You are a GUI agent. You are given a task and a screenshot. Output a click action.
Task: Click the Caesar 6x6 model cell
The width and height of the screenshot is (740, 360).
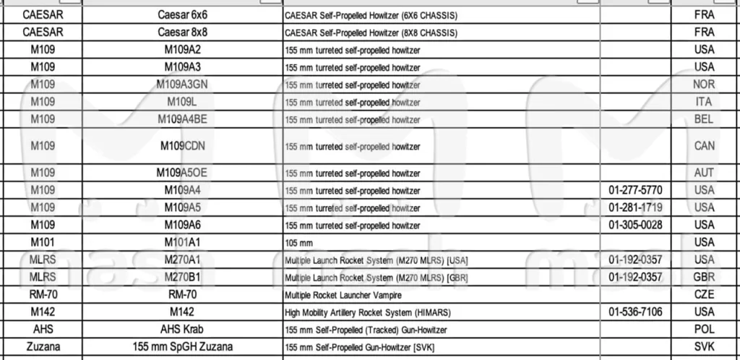(x=182, y=14)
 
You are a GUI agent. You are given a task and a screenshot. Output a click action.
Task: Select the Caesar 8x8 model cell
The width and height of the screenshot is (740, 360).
(x=182, y=33)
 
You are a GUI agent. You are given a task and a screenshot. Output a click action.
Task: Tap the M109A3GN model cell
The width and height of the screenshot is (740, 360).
(x=182, y=85)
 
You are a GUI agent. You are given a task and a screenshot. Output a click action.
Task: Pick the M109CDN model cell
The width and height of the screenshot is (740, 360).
(x=182, y=146)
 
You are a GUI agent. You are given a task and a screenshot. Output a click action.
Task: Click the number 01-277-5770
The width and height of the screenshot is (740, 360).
(x=635, y=190)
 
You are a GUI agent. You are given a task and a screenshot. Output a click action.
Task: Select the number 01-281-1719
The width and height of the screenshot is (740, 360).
(x=635, y=207)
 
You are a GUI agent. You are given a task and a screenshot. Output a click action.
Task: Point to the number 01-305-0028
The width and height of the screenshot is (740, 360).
(x=635, y=225)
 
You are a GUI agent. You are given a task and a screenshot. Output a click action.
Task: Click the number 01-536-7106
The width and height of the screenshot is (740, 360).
(x=635, y=312)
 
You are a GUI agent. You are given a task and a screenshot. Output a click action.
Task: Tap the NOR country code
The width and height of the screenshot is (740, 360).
(x=704, y=85)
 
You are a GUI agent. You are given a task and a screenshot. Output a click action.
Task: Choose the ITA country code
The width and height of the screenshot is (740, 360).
(x=704, y=103)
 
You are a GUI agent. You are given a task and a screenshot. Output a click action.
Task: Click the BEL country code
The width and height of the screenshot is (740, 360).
(x=704, y=120)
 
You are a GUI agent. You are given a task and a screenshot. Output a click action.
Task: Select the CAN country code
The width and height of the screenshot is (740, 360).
(x=704, y=146)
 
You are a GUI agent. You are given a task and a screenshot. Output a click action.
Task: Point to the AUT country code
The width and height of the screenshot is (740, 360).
(x=704, y=173)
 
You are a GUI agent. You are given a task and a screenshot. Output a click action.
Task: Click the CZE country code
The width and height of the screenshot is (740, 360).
(x=704, y=294)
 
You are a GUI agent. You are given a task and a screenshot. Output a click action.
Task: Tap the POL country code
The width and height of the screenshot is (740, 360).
(x=704, y=329)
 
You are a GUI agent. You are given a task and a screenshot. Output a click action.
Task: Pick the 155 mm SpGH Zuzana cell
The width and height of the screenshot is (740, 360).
(x=182, y=346)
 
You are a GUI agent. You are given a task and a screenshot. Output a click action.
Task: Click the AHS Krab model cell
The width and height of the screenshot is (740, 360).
(x=182, y=329)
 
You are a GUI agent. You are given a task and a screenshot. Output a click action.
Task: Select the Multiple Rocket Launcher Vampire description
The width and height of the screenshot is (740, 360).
(x=343, y=295)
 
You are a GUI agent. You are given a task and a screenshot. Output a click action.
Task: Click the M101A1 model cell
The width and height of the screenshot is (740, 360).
(x=182, y=242)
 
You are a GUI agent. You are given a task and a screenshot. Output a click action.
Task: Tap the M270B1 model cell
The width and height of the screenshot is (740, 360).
(x=182, y=277)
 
